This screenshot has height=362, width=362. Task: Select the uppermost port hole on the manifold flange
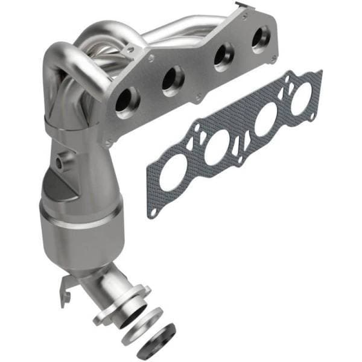[261, 39]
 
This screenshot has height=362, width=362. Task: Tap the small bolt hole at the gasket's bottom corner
[153, 213]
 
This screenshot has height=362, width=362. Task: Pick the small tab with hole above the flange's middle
[151, 59]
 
